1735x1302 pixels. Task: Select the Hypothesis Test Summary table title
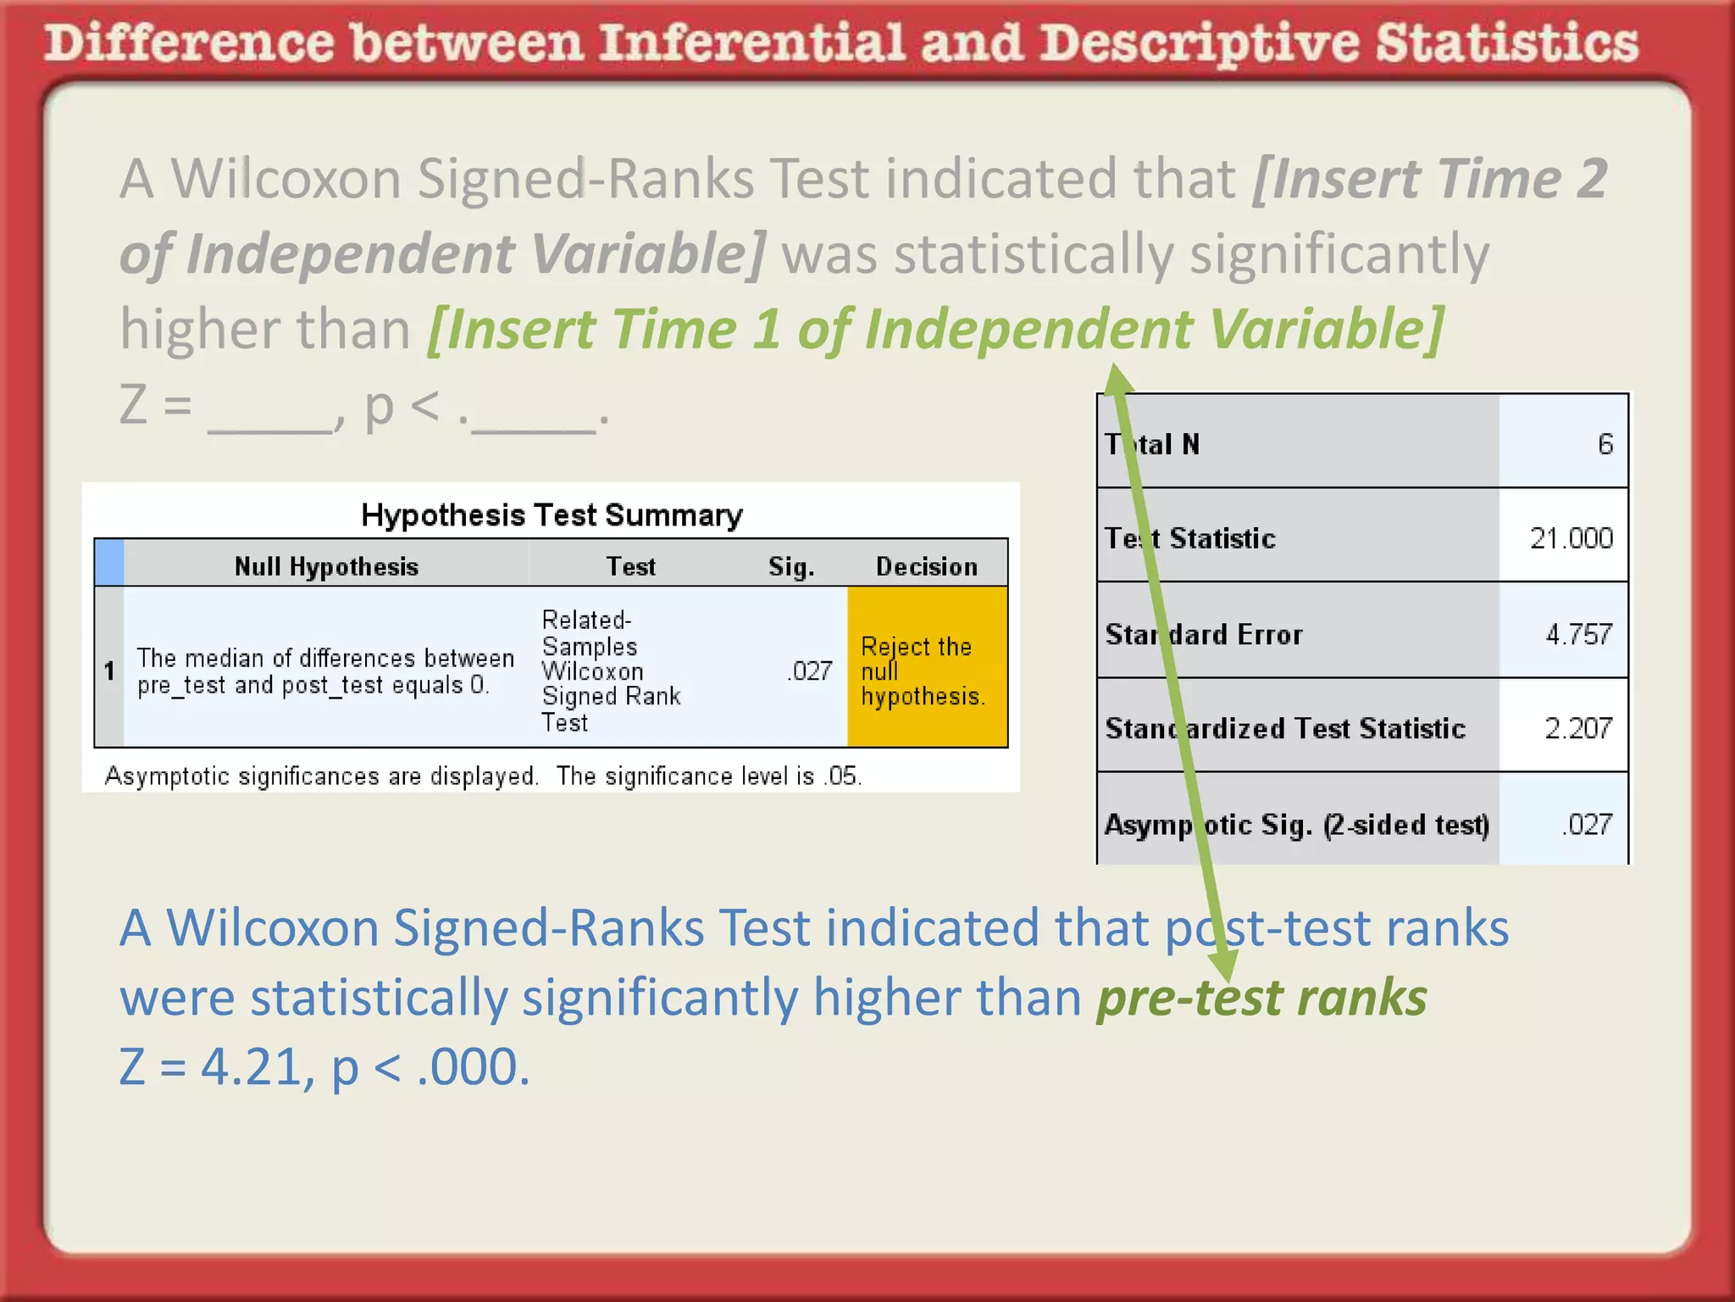tap(552, 515)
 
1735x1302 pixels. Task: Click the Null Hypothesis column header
tap(326, 566)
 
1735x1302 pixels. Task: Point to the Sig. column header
tap(791, 566)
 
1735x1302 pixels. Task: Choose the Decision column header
tap(927, 566)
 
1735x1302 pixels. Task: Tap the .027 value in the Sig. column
tap(810, 671)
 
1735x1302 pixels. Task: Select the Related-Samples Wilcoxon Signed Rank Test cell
tap(610, 670)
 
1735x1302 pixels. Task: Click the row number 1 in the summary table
tap(109, 671)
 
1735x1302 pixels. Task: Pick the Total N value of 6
tap(1605, 444)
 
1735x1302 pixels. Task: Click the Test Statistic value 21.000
tap(1571, 538)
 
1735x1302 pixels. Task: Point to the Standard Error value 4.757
tap(1578, 634)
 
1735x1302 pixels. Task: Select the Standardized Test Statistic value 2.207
tap(1578, 728)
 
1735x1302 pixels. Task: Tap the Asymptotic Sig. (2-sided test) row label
tap(1296, 824)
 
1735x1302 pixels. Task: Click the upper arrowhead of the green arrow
tap(1117, 379)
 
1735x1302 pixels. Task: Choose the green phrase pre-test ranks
tap(1261, 998)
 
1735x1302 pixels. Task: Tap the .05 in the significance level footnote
tap(842, 776)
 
